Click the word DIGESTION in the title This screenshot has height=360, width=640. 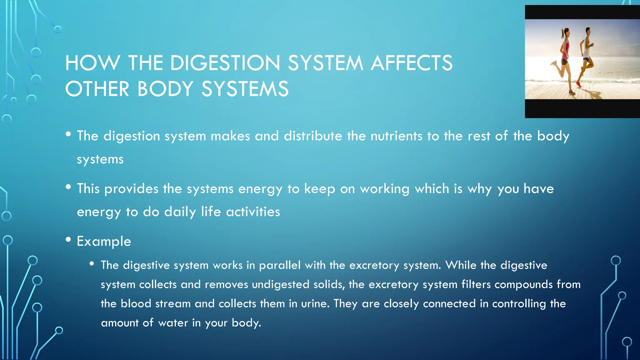(225, 63)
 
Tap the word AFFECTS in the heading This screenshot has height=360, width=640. (412, 63)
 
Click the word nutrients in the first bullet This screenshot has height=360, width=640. (396, 136)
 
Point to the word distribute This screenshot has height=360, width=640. (313, 136)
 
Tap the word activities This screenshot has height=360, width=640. (253, 212)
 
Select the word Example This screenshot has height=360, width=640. (104, 241)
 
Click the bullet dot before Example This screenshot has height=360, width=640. (68, 240)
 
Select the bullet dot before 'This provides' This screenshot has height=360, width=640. (68, 187)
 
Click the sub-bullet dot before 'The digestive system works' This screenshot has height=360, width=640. (92, 264)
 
